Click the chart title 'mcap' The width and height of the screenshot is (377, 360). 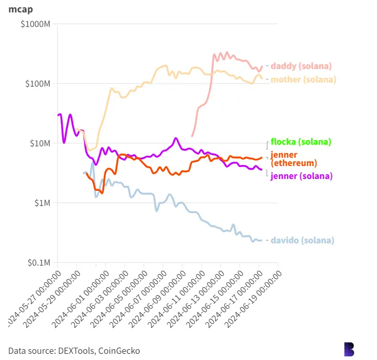click(x=19, y=9)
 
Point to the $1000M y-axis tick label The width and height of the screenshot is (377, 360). click(x=35, y=24)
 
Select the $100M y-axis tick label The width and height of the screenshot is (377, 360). click(x=36, y=84)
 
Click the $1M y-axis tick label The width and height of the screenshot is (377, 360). click(x=40, y=203)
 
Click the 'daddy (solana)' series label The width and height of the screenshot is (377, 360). click(x=301, y=66)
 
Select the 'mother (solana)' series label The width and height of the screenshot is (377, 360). click(x=303, y=79)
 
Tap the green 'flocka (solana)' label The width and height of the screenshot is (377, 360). click(x=301, y=142)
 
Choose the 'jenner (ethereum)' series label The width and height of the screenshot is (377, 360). click(x=294, y=159)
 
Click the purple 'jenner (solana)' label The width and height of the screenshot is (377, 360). click(x=301, y=176)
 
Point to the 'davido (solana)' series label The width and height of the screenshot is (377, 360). click(x=302, y=240)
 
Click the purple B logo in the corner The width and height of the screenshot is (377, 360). click(x=350, y=349)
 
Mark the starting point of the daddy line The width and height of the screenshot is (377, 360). click(x=192, y=136)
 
